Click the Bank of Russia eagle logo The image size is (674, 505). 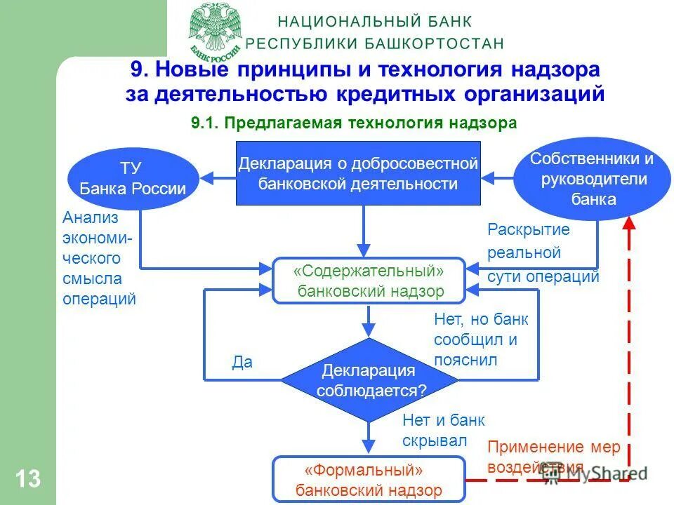click(x=216, y=30)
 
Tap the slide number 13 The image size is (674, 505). click(x=27, y=479)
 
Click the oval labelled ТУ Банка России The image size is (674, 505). click(x=133, y=178)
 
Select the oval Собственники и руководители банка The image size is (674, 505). click(x=592, y=178)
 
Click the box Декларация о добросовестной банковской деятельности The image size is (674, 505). click(x=358, y=174)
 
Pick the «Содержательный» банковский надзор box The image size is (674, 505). click(x=369, y=281)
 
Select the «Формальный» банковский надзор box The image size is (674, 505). click(x=369, y=480)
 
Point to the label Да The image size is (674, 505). click(x=242, y=363)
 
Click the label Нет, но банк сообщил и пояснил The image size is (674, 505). click(x=480, y=340)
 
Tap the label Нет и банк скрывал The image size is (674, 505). click(x=443, y=430)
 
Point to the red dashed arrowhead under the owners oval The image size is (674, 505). click(x=630, y=223)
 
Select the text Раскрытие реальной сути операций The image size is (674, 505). click(x=543, y=252)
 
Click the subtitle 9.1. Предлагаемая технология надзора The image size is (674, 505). click(x=353, y=123)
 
